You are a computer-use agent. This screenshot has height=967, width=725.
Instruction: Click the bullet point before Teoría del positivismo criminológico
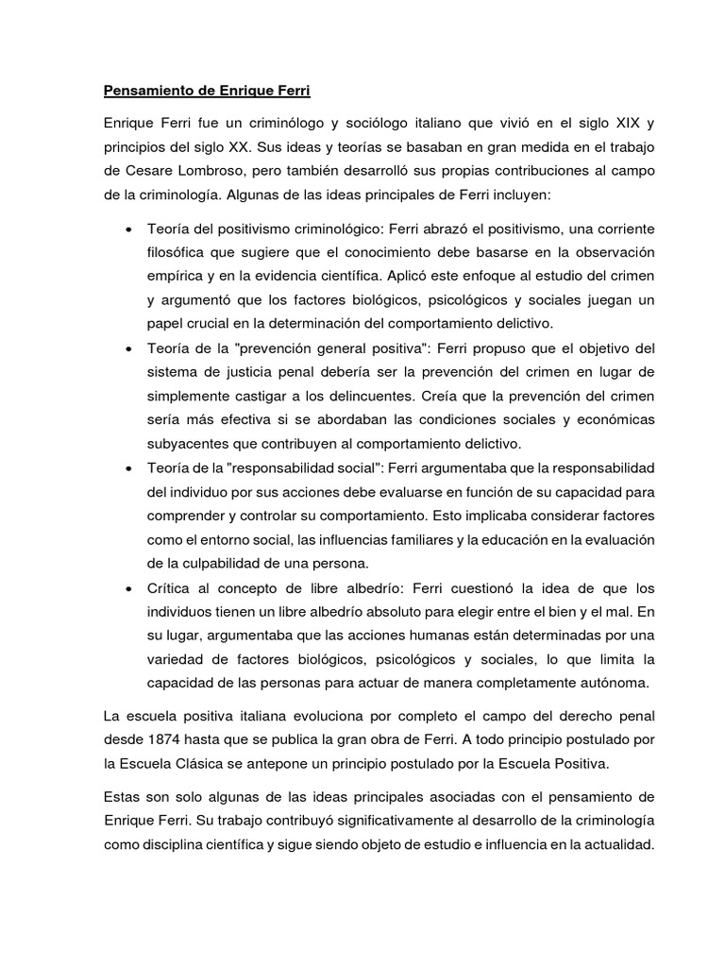pos(127,230)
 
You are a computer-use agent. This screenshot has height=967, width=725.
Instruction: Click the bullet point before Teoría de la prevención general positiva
pos(127,349)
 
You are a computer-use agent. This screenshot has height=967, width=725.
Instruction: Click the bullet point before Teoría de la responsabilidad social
pos(127,468)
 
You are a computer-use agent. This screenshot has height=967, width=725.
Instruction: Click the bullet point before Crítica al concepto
pos(127,588)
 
